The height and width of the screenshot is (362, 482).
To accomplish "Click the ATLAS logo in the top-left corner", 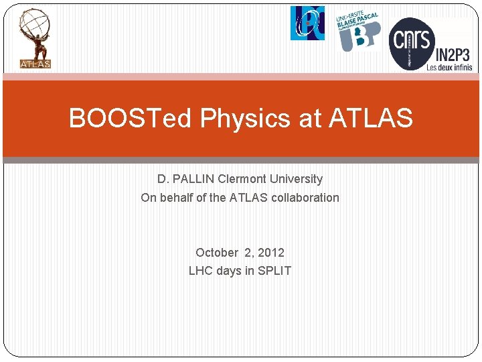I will pyautogui.click(x=35, y=39).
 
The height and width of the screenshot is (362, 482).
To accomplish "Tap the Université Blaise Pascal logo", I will pyautogui.click(x=358, y=31).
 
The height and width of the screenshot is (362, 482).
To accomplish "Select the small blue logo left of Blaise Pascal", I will pyautogui.click(x=307, y=23).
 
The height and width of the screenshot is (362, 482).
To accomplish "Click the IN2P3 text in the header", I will pyautogui.click(x=455, y=54).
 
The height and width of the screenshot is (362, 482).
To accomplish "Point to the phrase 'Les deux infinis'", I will pyautogui.click(x=449, y=66).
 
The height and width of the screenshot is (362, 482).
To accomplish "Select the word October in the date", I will pyautogui.click(x=217, y=253).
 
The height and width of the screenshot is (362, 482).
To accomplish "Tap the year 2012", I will pyautogui.click(x=271, y=253).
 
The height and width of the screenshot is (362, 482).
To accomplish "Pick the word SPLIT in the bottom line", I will pyautogui.click(x=274, y=271).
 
